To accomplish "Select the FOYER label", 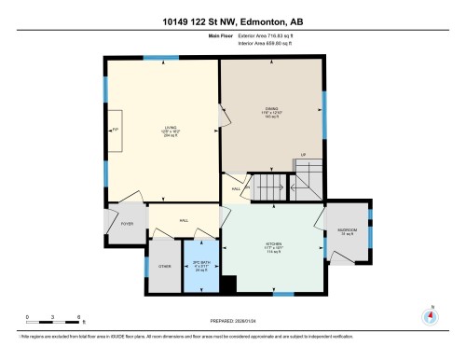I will (x=127, y=225).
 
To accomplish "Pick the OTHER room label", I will (x=164, y=267).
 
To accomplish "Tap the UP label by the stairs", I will (x=302, y=155).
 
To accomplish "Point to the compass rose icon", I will (x=430, y=315).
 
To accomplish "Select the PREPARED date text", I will (x=233, y=324).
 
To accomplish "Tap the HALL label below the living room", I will (x=184, y=220).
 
